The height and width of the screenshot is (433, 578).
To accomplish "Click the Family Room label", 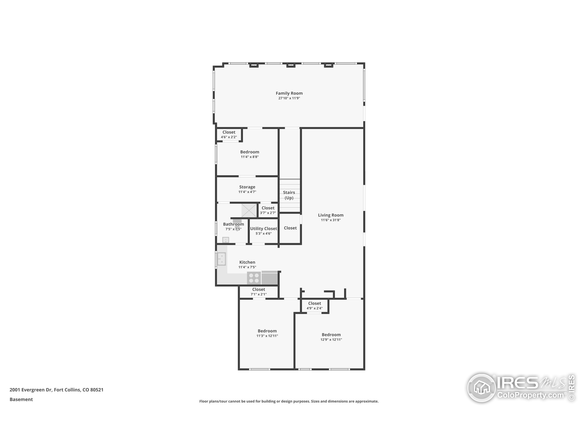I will pos(289,93).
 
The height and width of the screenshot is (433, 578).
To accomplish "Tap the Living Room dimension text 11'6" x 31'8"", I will pos(331,220).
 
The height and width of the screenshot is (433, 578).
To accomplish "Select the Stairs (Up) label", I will pos(289,195).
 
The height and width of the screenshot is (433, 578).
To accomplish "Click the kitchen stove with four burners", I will pos(254,278).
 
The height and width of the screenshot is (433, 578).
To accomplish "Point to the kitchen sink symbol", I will pos(221,259).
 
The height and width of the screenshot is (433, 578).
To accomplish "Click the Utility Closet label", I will pos(263,229).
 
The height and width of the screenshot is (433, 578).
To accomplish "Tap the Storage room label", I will pos(247,187).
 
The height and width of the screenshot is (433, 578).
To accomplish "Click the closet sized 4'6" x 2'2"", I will pos(229,134).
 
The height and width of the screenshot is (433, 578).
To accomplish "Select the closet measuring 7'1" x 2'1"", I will pos(259,292).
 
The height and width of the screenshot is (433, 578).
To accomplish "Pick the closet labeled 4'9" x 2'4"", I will pos(314,305).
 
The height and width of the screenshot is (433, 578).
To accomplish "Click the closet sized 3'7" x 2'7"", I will pos(268,210).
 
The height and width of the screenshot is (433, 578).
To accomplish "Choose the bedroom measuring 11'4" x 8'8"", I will pos(249,154).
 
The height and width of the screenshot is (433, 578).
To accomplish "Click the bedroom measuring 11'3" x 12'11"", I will pos(267,333).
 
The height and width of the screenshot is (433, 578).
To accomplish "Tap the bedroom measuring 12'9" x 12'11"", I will pos(331,337).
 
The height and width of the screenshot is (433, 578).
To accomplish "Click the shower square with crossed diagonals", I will pos(249,210).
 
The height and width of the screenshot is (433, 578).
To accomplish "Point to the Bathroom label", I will pos(233,224).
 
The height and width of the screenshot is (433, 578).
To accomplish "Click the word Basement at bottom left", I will pos(21,399).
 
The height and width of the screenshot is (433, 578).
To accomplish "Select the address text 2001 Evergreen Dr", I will pos(31,390).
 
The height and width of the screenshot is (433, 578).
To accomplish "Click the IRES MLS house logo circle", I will pos(481,388).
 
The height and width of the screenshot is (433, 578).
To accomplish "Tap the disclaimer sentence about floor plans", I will pos(289,401).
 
